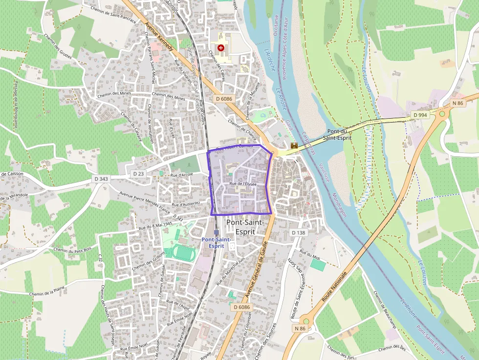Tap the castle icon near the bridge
[294, 145]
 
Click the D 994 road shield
[420, 115]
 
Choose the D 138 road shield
[298, 233]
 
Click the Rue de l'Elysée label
[243, 184]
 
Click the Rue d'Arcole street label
[182, 175]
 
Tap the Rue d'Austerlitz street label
[186, 203]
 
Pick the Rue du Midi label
[309, 254]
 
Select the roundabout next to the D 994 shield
[443, 114]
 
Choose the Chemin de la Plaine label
[47, 294]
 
